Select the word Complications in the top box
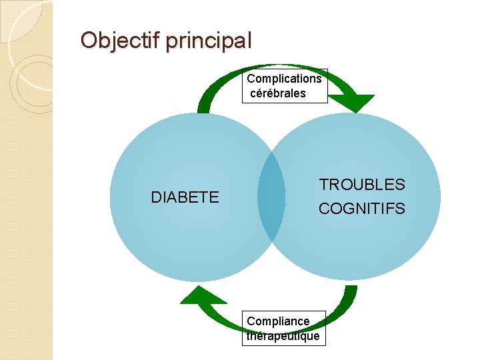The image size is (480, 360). (285, 79)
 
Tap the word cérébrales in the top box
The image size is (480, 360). (278, 93)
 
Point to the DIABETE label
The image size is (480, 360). (185, 197)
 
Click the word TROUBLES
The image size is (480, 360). (362, 185)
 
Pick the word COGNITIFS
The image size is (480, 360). (362, 209)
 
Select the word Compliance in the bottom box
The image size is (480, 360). (278, 321)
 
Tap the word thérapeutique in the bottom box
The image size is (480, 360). (283, 336)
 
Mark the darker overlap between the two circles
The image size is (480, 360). (272, 197)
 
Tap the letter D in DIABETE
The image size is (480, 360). (156, 197)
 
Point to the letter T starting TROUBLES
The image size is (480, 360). (323, 185)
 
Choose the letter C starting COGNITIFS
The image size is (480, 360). (324, 209)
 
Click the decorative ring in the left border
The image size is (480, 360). (30, 83)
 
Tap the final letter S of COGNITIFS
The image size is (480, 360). (400, 209)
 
